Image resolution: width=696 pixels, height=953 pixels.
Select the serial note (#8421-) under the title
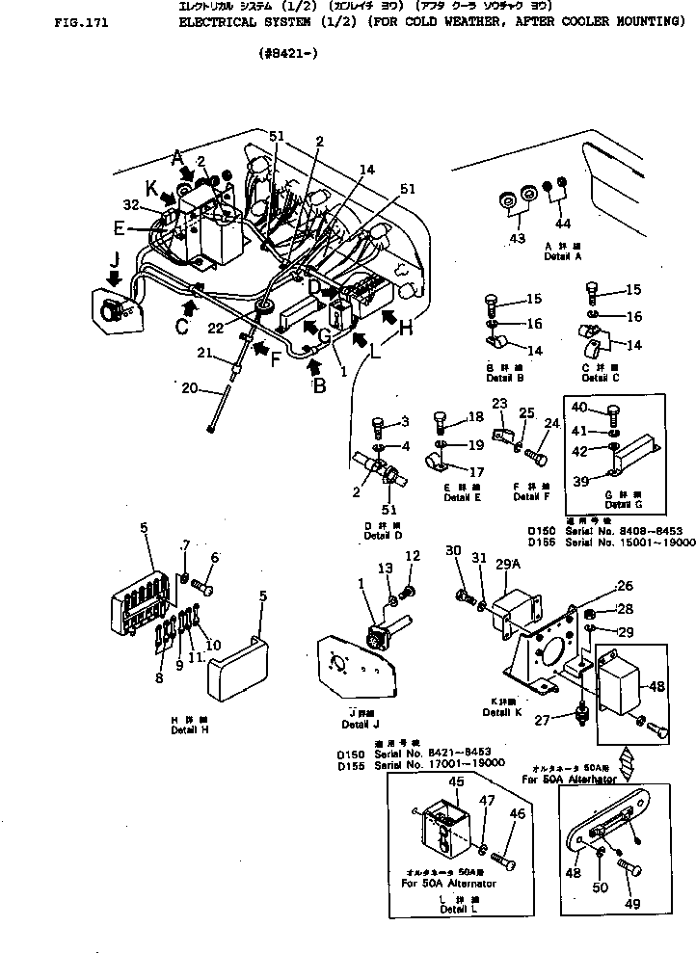(x=284, y=54)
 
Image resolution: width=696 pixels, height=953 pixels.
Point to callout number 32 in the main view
(x=131, y=204)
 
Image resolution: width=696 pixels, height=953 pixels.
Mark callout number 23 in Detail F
(x=499, y=404)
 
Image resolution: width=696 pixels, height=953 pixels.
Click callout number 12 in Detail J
(x=413, y=556)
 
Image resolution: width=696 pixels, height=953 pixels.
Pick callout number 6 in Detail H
(x=215, y=557)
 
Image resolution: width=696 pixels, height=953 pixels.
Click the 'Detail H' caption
(x=189, y=729)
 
